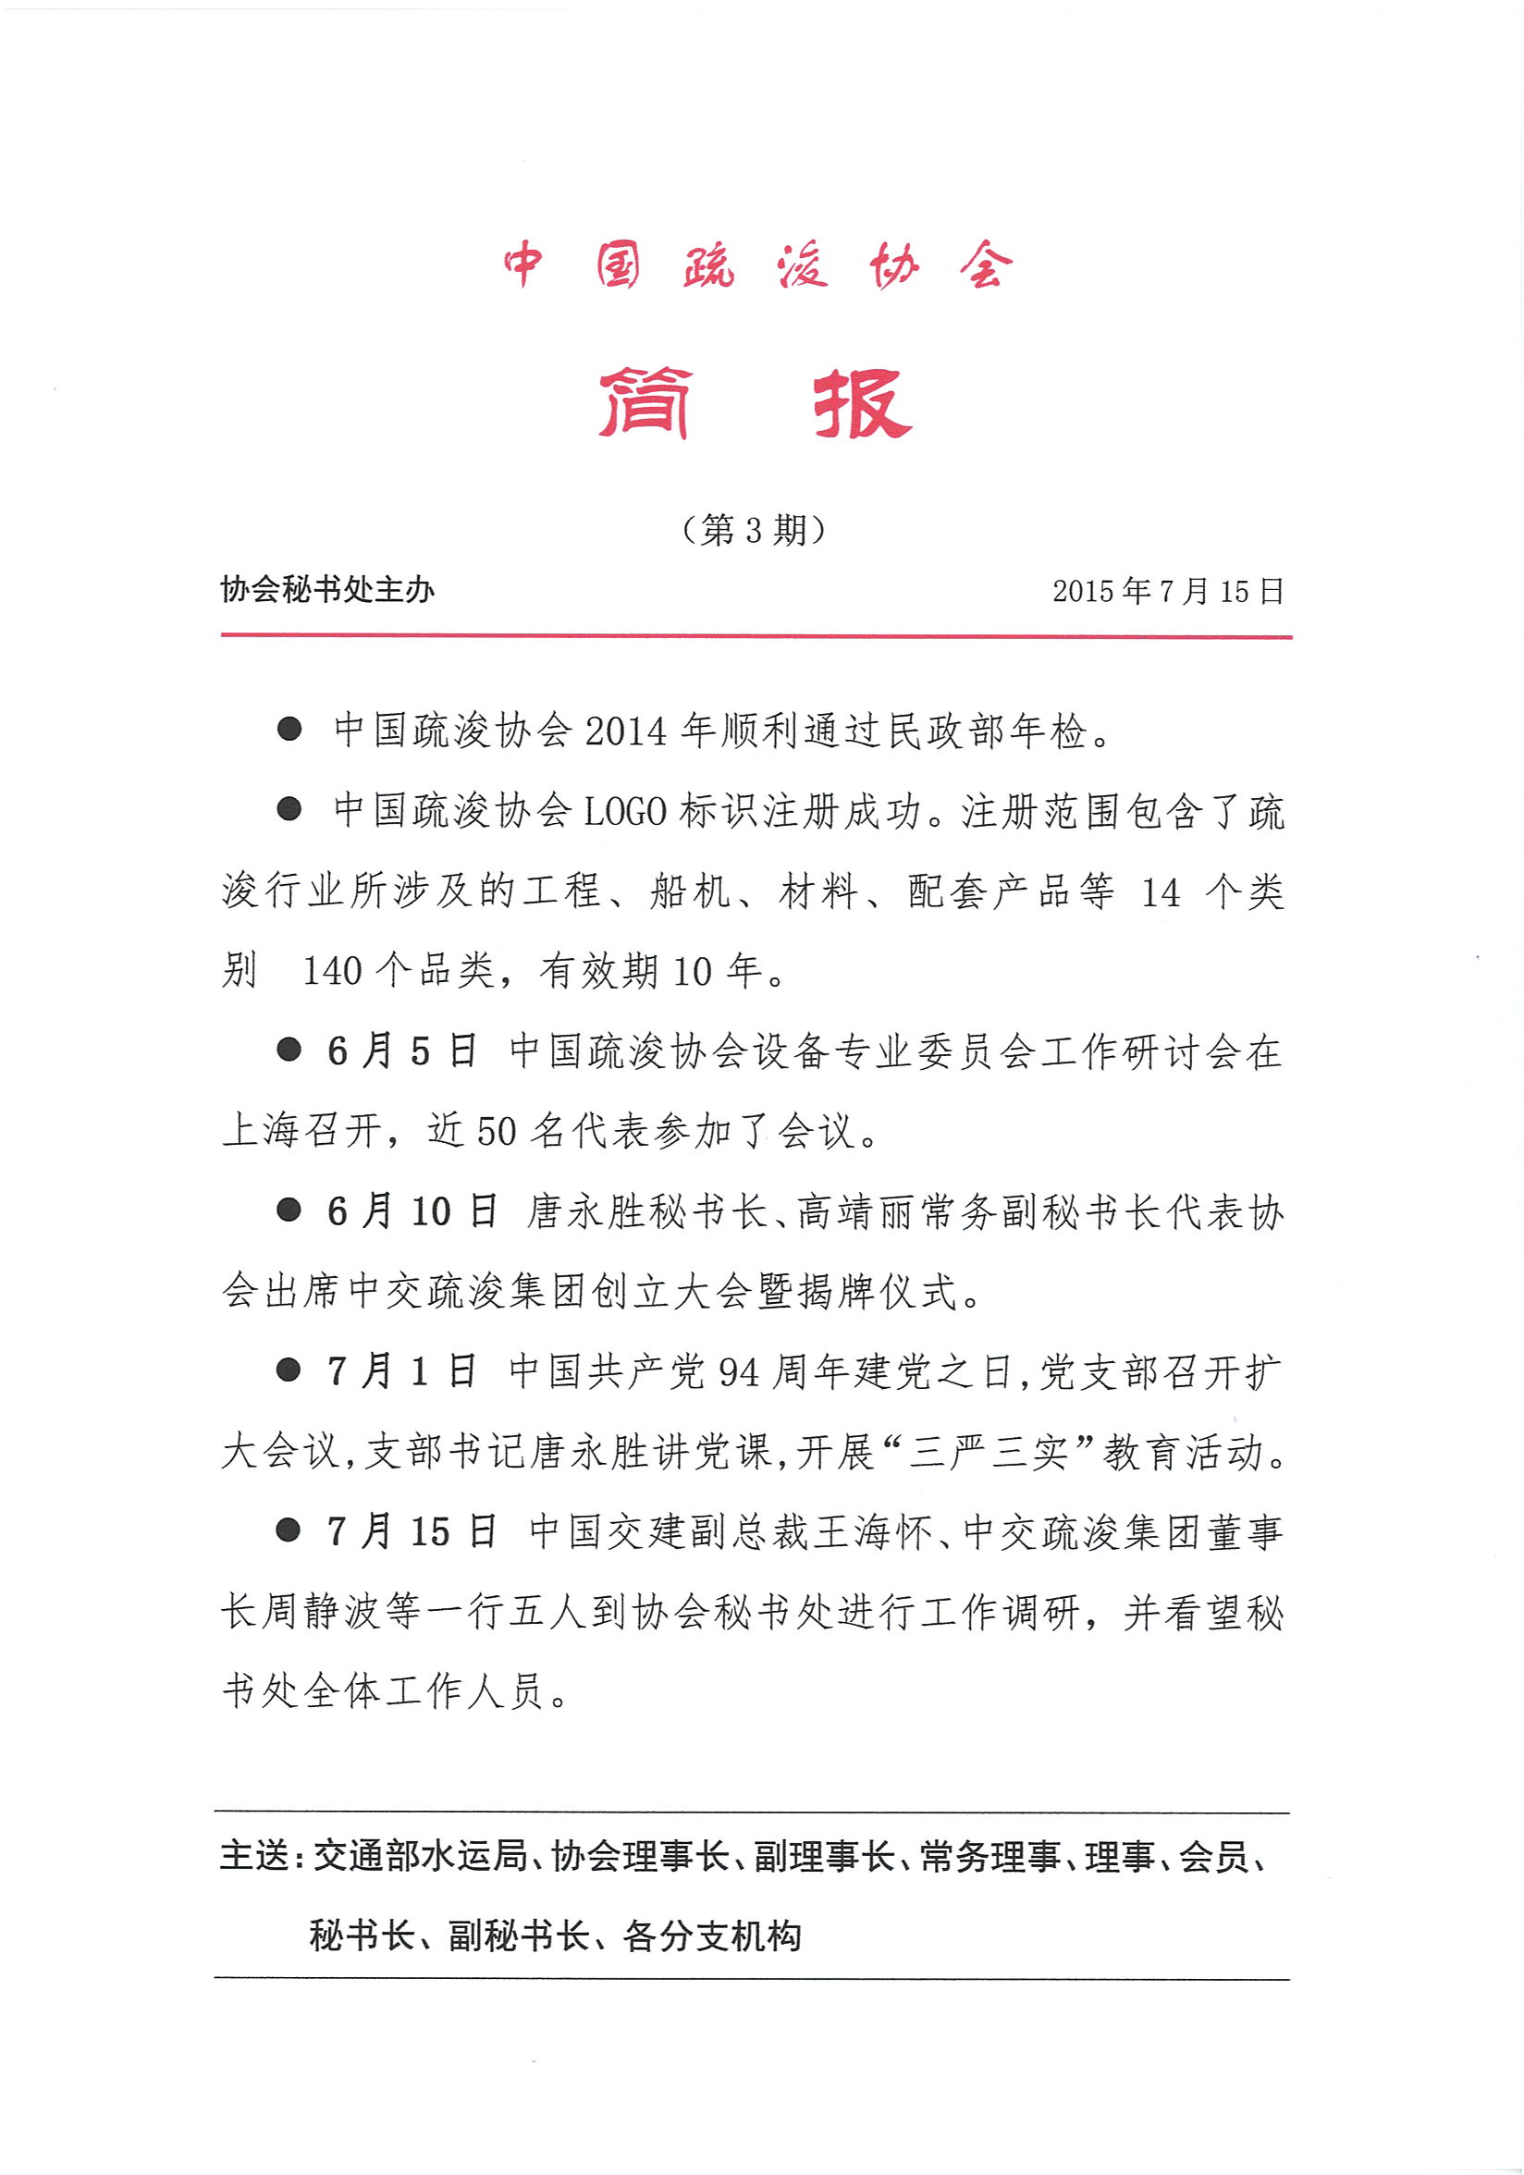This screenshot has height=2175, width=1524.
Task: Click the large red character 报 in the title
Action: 861,403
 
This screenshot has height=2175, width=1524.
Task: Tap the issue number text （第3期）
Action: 754,529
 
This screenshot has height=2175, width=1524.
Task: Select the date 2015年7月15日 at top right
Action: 1168,591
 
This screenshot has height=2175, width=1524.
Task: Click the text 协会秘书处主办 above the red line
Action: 326,589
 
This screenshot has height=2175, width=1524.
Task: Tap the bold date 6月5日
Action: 401,1051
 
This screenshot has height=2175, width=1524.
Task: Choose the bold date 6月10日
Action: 412,1211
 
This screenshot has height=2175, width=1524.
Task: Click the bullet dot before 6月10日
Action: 288,1210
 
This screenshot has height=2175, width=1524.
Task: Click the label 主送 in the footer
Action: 252,1856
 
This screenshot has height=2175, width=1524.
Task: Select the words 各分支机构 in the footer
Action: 712,1936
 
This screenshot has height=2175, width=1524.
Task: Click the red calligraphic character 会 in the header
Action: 985,265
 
